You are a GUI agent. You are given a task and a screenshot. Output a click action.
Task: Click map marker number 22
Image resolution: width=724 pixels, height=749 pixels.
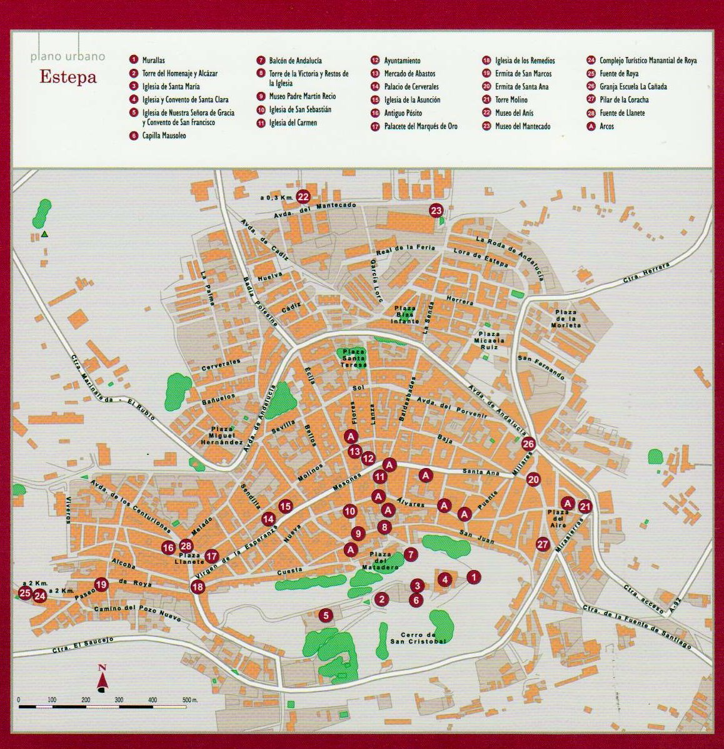303,196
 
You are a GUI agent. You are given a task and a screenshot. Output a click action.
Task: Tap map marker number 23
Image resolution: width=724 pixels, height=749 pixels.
436,210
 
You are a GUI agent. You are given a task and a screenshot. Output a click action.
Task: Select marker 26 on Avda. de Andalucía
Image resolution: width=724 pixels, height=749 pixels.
528,444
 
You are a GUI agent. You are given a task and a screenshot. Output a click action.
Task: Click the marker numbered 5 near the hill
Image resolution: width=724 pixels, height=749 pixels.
325,616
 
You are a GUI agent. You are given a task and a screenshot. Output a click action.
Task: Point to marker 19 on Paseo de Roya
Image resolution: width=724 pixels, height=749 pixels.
101,585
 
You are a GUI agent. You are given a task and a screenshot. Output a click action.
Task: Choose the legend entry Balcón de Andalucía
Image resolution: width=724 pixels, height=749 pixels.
295,61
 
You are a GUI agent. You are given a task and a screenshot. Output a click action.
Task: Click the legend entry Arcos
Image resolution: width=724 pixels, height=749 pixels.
606,126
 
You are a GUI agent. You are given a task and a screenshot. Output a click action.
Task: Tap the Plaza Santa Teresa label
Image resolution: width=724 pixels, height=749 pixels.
354,357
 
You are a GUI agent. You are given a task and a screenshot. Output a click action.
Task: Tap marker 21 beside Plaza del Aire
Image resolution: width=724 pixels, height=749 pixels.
585,507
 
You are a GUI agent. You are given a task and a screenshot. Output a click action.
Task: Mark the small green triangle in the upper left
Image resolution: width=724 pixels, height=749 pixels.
45,235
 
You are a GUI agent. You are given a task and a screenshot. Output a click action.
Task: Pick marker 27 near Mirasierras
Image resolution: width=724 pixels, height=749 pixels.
542,544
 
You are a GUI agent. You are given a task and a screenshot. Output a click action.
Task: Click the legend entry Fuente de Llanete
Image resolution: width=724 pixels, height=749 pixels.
621,113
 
